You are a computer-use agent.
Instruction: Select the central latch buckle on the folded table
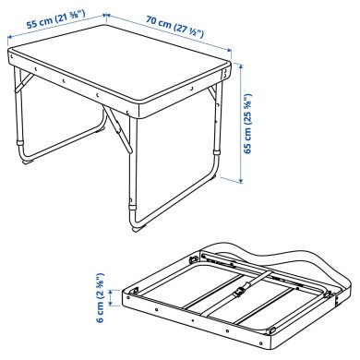coord(239,294)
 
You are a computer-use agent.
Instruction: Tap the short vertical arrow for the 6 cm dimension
coord(116,297)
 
